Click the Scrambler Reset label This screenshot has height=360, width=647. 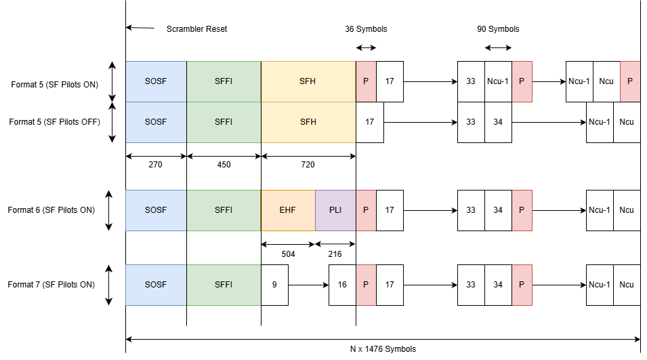click(196, 29)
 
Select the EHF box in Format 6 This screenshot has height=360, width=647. click(288, 210)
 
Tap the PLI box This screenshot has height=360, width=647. click(335, 210)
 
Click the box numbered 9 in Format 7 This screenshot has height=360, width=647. click(274, 285)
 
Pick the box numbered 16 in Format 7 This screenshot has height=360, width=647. click(342, 285)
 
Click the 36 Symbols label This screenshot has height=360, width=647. click(366, 29)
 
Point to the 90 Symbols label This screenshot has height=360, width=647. click(498, 29)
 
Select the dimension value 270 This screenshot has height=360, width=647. click(156, 164)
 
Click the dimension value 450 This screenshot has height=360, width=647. click(224, 164)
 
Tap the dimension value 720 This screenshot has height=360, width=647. click(308, 164)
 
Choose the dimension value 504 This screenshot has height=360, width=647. click(288, 254)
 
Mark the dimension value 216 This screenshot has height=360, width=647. click(335, 254)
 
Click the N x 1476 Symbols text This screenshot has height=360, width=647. click(383, 349)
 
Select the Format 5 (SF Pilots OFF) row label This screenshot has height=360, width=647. click(55, 122)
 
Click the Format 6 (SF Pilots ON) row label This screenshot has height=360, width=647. click(51, 210)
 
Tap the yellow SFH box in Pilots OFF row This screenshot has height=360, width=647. click(308, 122)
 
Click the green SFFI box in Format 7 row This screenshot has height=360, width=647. click(224, 285)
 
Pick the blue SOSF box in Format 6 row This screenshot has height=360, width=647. click(156, 210)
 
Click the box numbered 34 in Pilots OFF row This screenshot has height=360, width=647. click(498, 122)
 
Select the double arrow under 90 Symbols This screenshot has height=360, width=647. click(498, 47)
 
